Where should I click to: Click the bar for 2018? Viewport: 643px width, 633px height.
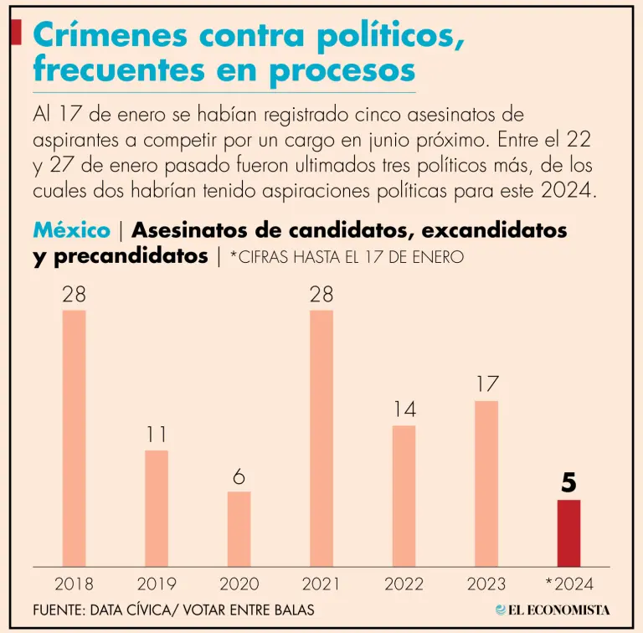click(74, 438)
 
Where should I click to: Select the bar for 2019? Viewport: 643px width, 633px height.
click(156, 508)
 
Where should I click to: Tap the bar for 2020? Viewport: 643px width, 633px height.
click(239, 528)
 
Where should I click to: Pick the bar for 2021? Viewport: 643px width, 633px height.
click(321, 438)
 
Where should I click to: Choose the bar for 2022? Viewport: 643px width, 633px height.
click(404, 496)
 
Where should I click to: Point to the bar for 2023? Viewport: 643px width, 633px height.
click(486, 483)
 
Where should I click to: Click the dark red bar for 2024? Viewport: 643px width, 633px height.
click(568, 533)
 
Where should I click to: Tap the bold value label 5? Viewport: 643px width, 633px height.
click(569, 483)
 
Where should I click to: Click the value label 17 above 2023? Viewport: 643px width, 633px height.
click(486, 384)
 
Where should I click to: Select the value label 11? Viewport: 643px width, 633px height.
click(156, 435)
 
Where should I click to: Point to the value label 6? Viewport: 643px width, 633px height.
click(239, 476)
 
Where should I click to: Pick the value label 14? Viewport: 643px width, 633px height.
click(404, 409)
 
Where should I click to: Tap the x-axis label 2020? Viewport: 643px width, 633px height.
click(239, 583)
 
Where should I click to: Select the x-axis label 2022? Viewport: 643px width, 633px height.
click(404, 583)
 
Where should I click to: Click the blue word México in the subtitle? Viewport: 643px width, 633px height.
click(71, 230)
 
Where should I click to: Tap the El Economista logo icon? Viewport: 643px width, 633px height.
click(501, 610)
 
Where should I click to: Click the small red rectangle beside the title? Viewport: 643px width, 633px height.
click(15, 33)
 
